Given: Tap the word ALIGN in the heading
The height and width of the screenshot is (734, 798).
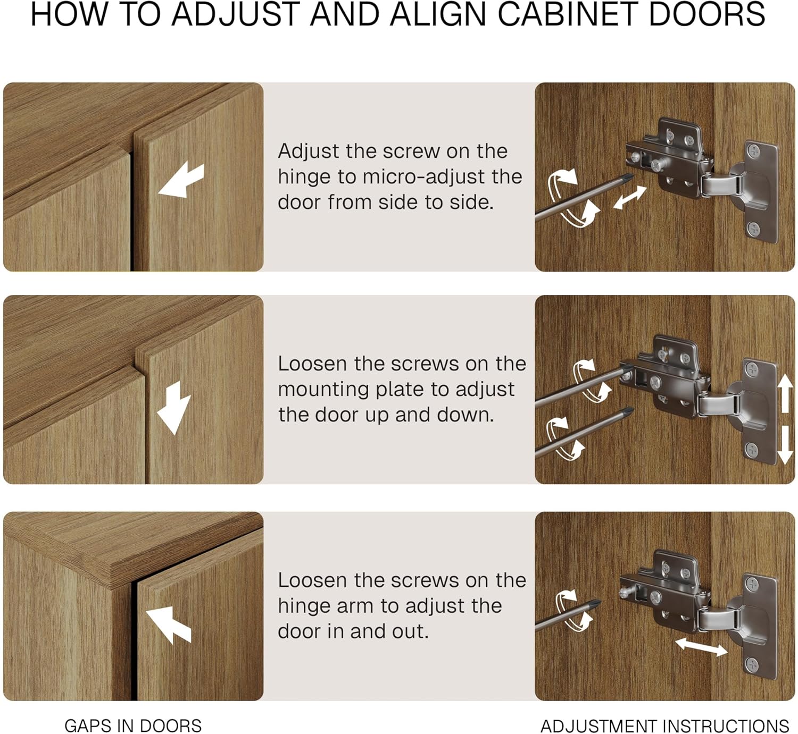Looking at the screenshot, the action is (x=438, y=14).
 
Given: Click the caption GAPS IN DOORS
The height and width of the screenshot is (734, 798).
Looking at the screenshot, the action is (x=133, y=725).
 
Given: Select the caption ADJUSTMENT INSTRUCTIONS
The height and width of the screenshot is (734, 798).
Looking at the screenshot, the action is (x=665, y=725).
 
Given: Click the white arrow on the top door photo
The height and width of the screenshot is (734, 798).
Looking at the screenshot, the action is (x=181, y=181).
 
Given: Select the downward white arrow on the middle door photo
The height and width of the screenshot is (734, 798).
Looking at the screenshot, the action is (x=174, y=407).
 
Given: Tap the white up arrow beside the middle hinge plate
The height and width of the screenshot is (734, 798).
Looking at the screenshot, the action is (x=785, y=394).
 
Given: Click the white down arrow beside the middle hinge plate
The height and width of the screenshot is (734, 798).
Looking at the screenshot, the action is (x=785, y=445).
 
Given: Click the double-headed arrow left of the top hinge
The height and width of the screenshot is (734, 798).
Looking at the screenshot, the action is (x=630, y=197).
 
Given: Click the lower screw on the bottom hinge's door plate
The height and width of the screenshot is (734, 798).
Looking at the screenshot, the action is (x=752, y=664).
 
